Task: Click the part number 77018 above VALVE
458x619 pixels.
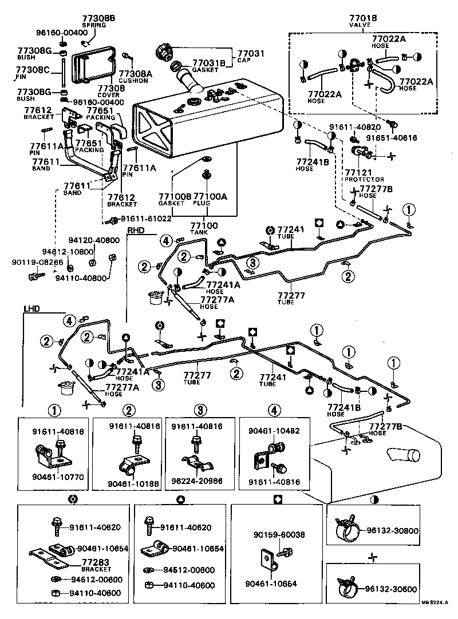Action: point(363,19)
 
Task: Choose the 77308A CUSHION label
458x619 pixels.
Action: point(136,77)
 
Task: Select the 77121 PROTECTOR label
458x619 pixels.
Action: point(364,175)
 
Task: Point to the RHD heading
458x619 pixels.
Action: point(136,231)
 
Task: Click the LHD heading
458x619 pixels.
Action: point(32,308)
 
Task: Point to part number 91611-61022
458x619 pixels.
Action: point(147,219)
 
